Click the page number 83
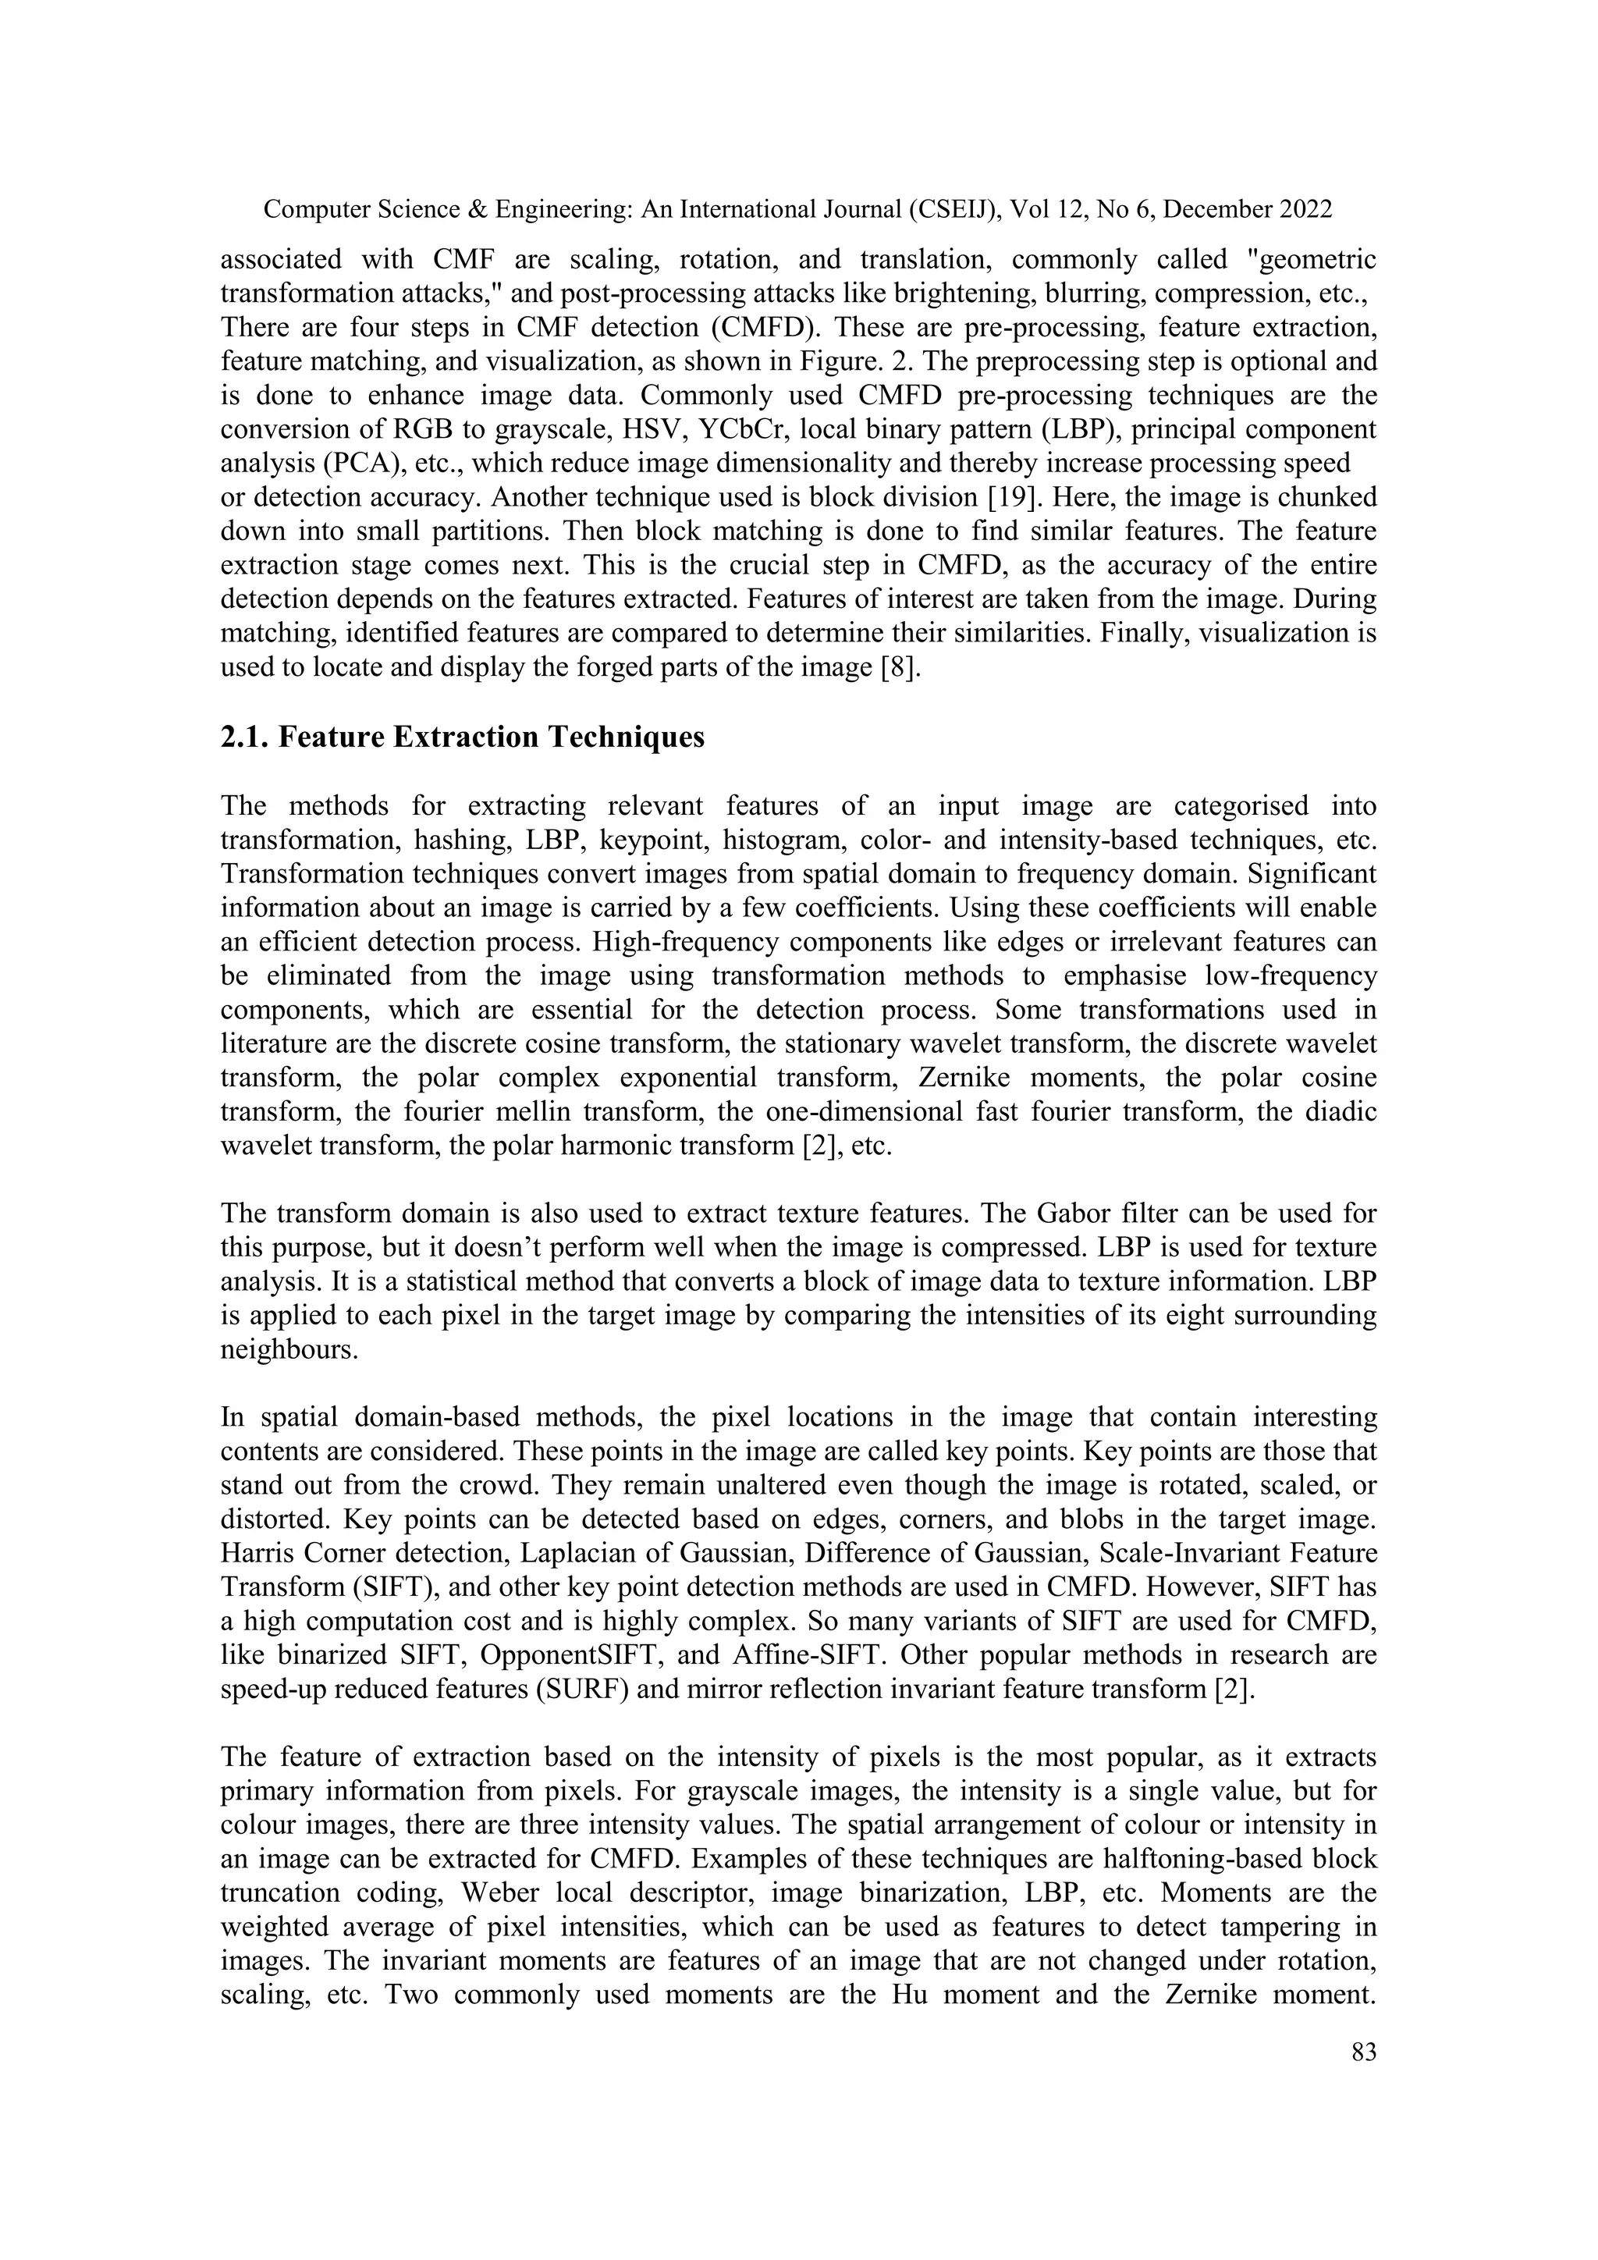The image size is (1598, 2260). (x=1363, y=2052)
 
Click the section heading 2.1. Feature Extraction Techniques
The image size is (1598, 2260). (x=463, y=737)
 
